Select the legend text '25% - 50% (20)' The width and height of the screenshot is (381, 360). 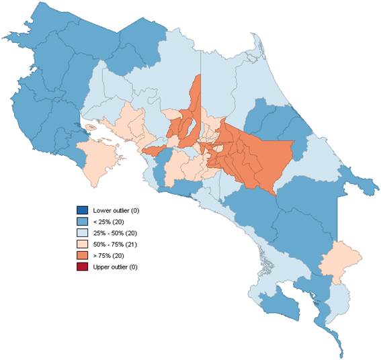[x=116, y=233]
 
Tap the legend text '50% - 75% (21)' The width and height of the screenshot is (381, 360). [x=116, y=244]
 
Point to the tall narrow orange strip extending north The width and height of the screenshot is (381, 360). [x=196, y=101]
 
